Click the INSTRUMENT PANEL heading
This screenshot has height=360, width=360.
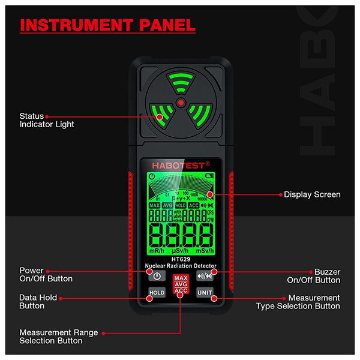(108, 26)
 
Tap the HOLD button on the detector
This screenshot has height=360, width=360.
(157, 292)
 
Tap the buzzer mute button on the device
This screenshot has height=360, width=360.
(205, 276)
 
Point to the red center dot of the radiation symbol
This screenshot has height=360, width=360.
(180, 103)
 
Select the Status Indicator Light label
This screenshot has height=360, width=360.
(47, 120)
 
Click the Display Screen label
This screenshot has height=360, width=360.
(312, 194)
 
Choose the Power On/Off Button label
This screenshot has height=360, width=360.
(46, 275)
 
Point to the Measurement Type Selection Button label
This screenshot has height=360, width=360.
(298, 302)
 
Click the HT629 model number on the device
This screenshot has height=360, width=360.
(180, 259)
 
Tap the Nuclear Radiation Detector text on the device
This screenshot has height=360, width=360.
(181, 266)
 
